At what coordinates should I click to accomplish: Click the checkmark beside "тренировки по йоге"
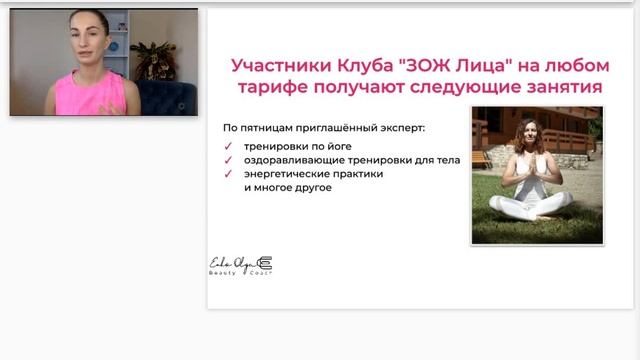tap(229, 146)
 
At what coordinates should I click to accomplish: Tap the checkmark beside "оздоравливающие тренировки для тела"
tap(229, 160)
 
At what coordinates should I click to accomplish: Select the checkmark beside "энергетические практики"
tap(229, 173)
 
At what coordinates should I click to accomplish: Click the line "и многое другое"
tap(287, 187)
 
